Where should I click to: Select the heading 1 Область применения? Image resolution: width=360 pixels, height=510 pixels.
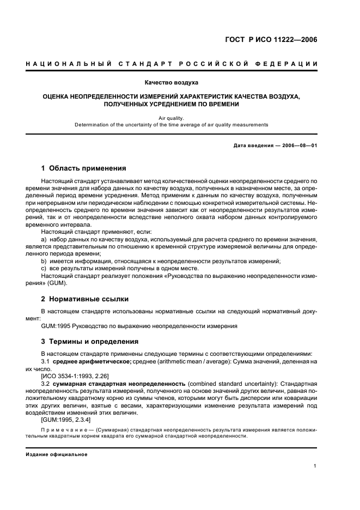click(x=84, y=168)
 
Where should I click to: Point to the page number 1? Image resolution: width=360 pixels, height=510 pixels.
click(x=315, y=466)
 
